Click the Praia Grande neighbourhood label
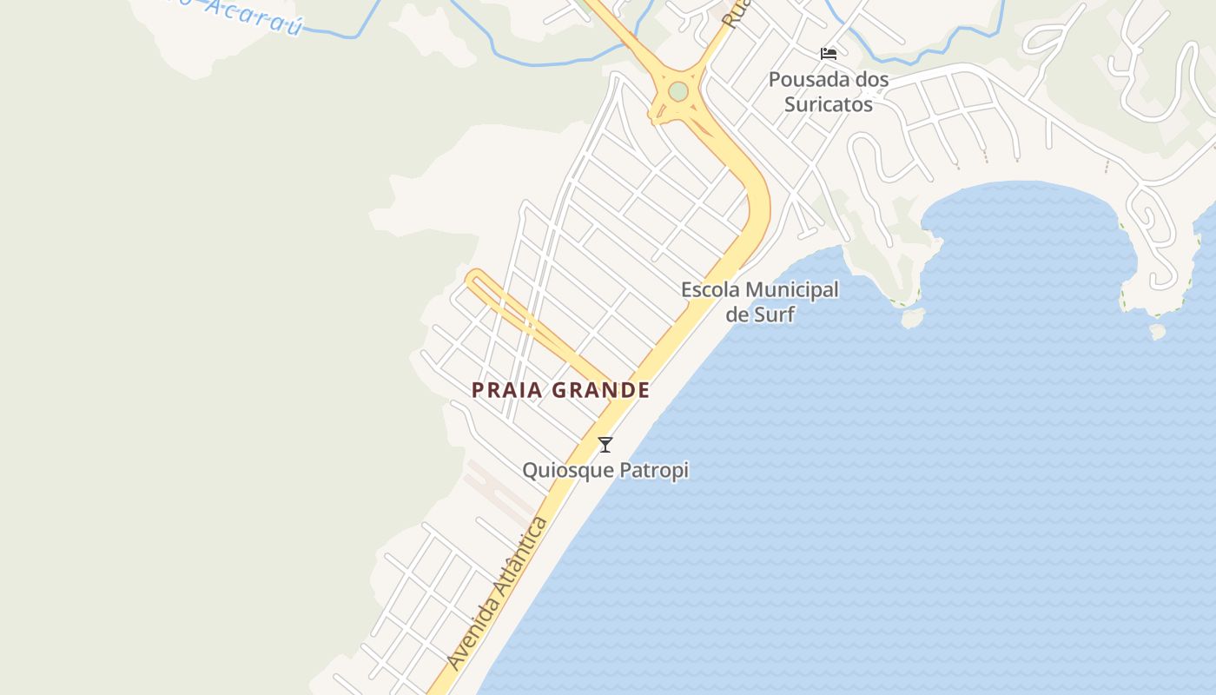point(560,390)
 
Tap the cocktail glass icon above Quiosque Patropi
point(605,445)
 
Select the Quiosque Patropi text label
point(605,470)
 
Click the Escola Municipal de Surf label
point(760,301)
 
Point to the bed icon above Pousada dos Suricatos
point(829,54)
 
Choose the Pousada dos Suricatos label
point(829,91)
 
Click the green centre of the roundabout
point(678,91)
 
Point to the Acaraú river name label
point(252,17)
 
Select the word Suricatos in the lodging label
point(829,104)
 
